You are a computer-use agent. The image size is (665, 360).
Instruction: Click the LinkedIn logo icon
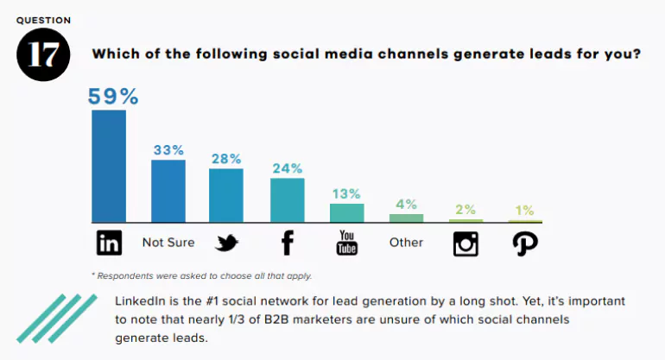(109, 243)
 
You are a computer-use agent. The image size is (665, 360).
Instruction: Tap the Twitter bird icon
(226, 243)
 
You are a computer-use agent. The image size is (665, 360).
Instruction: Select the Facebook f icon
(288, 243)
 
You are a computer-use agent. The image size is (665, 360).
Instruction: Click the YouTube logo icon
(347, 243)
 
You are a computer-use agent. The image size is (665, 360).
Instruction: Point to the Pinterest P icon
(525, 243)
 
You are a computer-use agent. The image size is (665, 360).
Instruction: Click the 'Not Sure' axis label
(168, 243)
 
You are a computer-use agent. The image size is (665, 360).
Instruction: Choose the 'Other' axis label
(406, 243)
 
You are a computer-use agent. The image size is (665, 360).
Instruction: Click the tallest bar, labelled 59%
(109, 166)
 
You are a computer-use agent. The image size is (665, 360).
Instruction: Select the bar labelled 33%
(168, 191)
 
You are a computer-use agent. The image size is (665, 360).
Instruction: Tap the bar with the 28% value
(226, 195)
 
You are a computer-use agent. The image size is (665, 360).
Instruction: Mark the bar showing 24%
(288, 199)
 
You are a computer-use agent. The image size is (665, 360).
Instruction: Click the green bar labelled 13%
(347, 213)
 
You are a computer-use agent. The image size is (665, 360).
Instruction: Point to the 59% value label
(109, 96)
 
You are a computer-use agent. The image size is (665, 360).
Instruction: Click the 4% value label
(406, 205)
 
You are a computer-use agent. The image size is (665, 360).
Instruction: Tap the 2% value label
(465, 209)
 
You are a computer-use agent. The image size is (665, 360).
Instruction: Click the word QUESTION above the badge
(43, 19)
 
